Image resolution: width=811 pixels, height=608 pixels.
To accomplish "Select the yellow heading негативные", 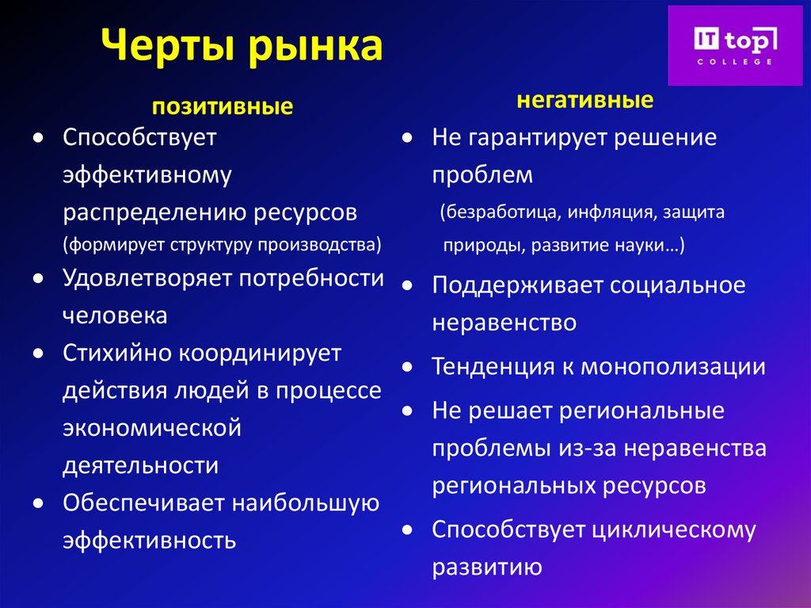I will [585, 100].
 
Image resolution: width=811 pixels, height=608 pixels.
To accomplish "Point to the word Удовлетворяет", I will [149, 278].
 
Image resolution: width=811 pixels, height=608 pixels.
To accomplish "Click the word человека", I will [115, 315].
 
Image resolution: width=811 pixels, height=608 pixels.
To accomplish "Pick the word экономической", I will [151, 429].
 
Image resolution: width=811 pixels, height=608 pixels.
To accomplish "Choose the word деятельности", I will [140, 465].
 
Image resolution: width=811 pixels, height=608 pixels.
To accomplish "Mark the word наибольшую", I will [304, 503].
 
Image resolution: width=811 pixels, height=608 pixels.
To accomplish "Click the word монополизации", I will [673, 367].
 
